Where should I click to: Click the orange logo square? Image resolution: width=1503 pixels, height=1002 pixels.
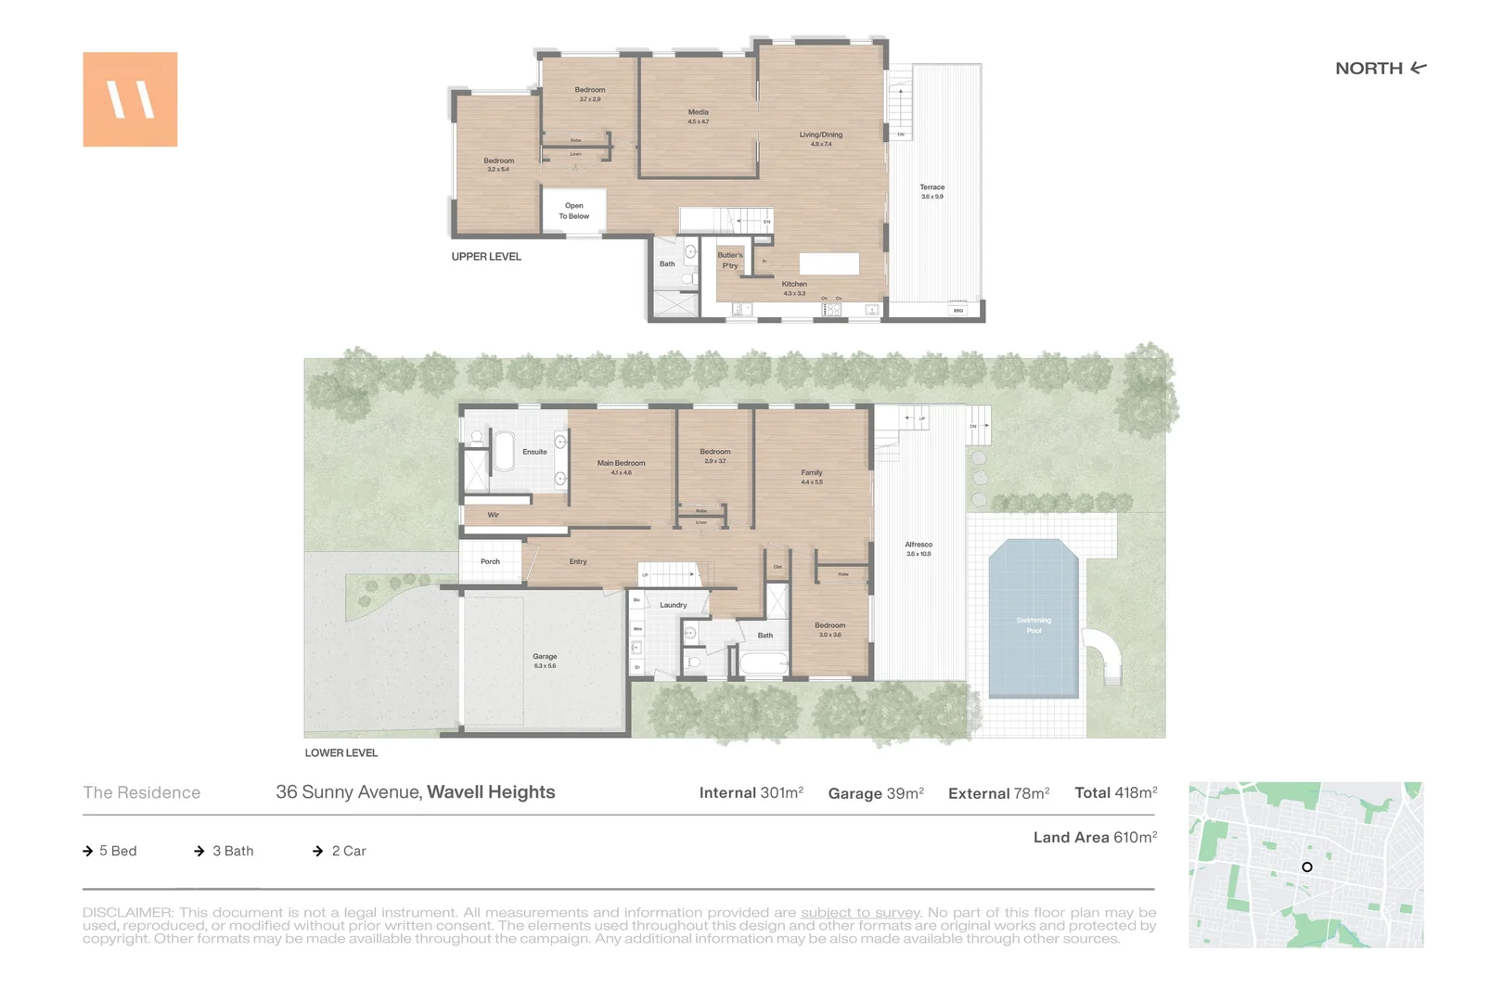tap(130, 99)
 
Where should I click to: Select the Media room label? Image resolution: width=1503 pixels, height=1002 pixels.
tap(698, 116)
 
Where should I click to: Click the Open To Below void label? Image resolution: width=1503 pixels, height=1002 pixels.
tap(573, 211)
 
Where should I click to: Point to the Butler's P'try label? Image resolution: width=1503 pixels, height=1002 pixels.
tap(730, 260)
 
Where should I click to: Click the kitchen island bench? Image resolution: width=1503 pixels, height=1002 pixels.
tap(829, 263)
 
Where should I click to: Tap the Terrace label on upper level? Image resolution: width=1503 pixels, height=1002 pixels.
tap(931, 191)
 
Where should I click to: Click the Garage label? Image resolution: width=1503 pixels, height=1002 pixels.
tap(545, 660)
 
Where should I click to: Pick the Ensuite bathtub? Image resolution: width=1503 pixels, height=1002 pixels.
tap(504, 451)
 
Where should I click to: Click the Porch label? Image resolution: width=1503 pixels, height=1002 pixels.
tap(490, 561)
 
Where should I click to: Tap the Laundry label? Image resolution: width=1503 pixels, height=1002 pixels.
tap(673, 605)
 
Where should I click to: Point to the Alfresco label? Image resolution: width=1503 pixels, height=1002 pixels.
tap(918, 548)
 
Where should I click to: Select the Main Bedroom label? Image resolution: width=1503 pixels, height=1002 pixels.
tap(621, 467)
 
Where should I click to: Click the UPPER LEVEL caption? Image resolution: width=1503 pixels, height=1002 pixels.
tap(486, 257)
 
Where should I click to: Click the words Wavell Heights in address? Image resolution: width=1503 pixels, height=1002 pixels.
tap(491, 792)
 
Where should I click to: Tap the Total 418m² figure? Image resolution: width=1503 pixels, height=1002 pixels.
tap(1115, 793)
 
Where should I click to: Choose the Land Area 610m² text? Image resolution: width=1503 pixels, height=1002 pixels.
tap(1095, 837)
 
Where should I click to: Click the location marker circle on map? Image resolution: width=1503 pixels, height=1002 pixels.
tap(1306, 867)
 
